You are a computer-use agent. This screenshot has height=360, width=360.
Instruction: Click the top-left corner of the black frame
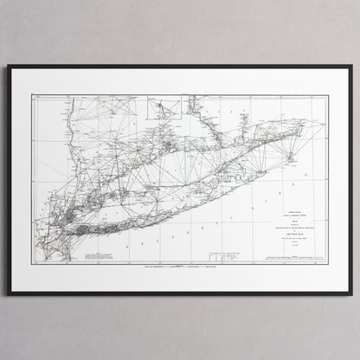10,67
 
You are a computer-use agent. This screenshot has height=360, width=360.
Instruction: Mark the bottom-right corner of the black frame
350,294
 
